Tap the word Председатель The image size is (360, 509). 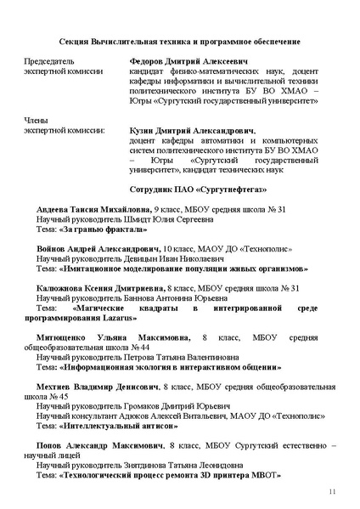(50, 62)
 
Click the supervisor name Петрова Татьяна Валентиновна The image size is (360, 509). (176, 359)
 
